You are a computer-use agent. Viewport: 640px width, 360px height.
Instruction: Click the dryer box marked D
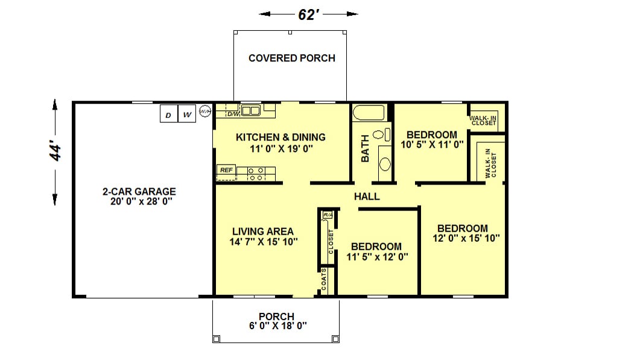tap(168, 114)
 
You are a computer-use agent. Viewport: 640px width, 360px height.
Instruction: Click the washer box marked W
tap(187, 114)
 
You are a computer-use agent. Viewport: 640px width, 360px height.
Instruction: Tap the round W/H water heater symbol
tap(205, 111)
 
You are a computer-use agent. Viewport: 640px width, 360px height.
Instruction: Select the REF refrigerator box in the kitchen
tap(227, 170)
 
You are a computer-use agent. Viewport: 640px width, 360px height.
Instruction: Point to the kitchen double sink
tap(250, 110)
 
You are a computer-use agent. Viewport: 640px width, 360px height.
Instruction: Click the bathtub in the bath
tap(369, 113)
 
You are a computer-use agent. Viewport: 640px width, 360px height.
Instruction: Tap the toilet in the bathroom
tap(381, 134)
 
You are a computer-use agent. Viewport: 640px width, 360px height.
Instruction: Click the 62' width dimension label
tap(308, 14)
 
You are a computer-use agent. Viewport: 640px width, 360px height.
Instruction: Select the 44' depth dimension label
tap(55, 151)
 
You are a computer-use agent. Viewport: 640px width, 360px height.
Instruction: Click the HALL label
tap(367, 197)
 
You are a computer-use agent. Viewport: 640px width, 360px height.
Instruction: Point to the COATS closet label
tap(324, 280)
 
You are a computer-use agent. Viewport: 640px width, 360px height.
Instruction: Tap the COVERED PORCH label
tap(292, 58)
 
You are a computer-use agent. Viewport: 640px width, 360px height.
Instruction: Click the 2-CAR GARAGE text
tap(139, 191)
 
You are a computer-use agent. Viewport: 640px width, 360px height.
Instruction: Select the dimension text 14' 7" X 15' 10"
tap(263, 242)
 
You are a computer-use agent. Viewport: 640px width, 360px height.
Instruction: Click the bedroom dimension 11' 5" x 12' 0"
tap(377, 257)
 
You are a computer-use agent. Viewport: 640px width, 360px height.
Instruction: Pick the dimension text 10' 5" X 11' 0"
tap(432, 145)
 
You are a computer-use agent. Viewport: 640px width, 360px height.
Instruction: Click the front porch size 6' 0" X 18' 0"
tap(277, 326)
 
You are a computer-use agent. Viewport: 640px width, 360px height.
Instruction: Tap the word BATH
tap(365, 148)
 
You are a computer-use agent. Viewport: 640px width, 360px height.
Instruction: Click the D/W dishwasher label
tap(233, 114)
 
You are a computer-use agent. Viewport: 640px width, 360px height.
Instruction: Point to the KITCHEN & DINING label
tap(281, 137)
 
